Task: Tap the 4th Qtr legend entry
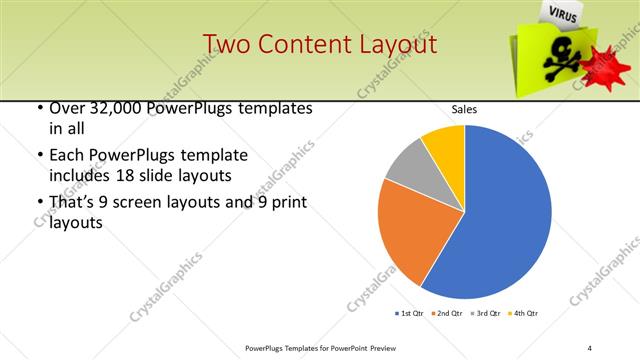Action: (x=524, y=314)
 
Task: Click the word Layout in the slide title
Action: (x=396, y=45)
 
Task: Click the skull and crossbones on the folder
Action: (x=557, y=62)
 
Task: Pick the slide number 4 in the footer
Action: (x=590, y=347)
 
